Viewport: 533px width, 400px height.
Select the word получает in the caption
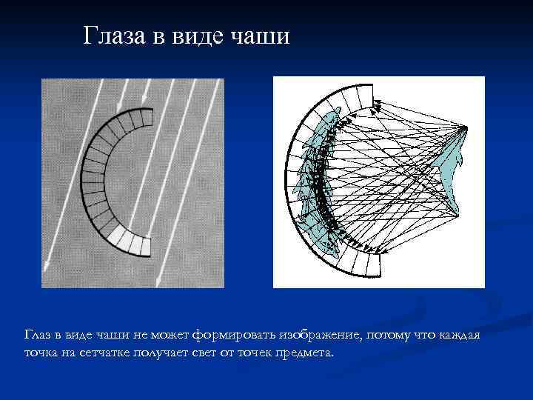[x=161, y=353]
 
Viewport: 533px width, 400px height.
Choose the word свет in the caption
[x=205, y=353]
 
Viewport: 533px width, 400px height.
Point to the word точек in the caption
[x=256, y=353]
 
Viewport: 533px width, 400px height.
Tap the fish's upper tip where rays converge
[x=464, y=128]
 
